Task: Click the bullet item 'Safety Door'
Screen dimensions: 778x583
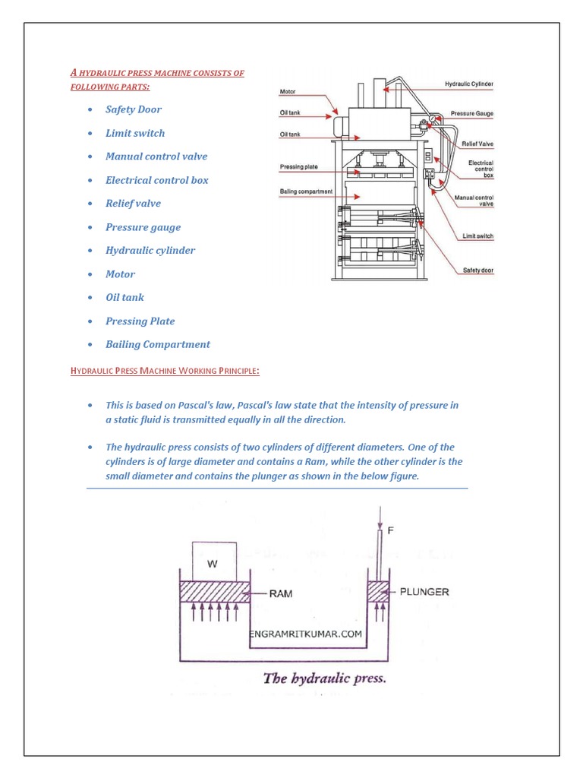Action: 133,109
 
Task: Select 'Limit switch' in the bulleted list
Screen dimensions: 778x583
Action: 134,133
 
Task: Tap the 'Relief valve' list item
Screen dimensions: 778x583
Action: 133,204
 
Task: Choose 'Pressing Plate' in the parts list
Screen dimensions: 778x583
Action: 140,321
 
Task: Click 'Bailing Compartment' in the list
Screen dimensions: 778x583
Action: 157,344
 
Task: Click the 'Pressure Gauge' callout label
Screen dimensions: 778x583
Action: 471,113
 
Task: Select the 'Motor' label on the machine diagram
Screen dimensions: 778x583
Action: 288,92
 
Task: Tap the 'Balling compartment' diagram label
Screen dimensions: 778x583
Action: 306,191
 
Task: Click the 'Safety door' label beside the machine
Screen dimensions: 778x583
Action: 478,270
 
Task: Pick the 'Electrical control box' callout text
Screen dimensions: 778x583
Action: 481,169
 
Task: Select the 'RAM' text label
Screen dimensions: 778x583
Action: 281,594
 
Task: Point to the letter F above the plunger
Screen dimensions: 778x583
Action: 391,531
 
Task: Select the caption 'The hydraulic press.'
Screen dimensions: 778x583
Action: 324,678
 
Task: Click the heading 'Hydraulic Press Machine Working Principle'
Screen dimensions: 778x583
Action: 165,371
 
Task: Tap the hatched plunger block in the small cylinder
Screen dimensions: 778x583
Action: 378,593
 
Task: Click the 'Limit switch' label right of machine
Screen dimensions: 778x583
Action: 477,236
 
